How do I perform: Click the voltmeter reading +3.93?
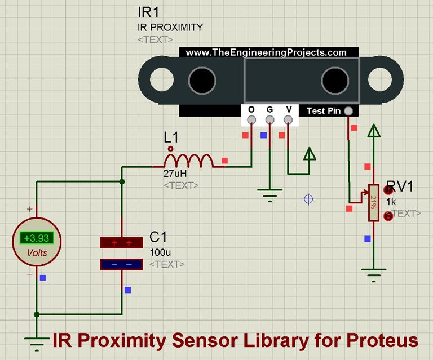(37, 238)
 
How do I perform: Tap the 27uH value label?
(175, 175)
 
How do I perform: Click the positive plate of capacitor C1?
(121, 242)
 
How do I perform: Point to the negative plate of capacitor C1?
(121, 264)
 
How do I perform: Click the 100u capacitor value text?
(158, 253)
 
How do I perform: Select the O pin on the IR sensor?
(251, 119)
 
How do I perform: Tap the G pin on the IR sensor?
(269, 119)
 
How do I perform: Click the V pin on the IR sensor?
(288, 119)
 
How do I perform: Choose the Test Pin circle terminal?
(349, 112)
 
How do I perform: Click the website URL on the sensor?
(266, 52)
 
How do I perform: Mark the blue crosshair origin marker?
(308, 199)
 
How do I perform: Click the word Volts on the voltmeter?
(37, 253)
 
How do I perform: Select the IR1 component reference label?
(148, 12)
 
